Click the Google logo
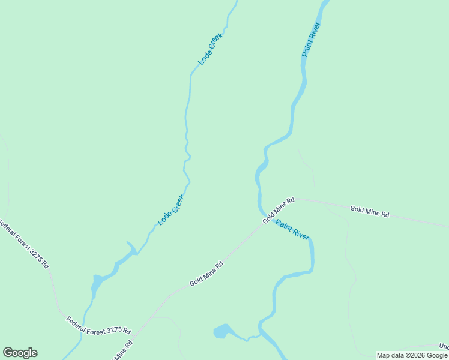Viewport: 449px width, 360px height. (20, 353)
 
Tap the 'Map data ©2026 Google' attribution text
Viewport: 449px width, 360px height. (412, 355)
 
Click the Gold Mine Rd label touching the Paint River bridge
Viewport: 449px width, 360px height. (279, 210)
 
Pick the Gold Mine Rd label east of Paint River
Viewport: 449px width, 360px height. (370, 211)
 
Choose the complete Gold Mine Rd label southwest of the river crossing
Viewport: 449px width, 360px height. (206, 274)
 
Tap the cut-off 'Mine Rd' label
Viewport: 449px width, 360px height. (123, 351)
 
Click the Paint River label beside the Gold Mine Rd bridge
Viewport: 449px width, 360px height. (292, 229)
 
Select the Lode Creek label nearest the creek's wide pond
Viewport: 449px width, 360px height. (172, 210)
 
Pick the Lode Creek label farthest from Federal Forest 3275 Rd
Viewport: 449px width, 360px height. (211, 49)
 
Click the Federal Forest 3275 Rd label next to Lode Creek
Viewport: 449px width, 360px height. (98, 326)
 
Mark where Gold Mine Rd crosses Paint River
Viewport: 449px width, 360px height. (265, 217)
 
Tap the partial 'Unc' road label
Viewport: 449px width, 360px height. (443, 347)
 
